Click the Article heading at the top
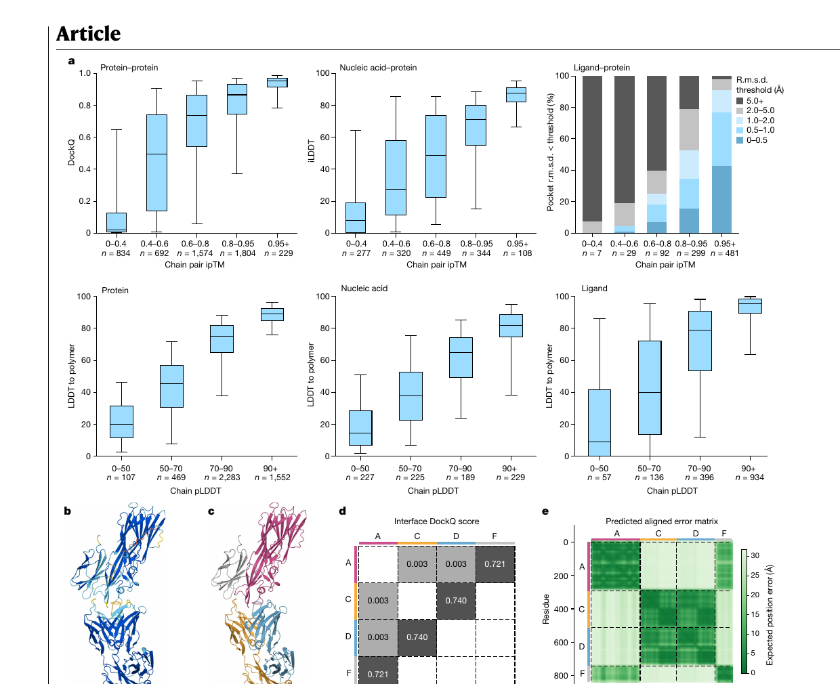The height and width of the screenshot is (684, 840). [88, 33]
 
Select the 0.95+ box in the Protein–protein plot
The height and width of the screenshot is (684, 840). [277, 83]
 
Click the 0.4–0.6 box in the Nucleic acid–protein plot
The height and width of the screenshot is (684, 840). [396, 178]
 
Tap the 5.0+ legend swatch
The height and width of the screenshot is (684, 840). [740, 101]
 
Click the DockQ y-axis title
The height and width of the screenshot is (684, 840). [71, 152]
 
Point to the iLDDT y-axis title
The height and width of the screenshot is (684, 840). [311, 150]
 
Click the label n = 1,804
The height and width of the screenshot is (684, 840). [238, 253]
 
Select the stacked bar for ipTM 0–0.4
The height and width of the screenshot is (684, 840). [592, 154]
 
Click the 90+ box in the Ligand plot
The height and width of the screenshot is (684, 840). [750, 306]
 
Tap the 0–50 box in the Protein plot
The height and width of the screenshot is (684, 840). [121, 422]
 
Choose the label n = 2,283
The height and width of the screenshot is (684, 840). [222, 477]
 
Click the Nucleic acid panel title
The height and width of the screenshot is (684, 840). [364, 288]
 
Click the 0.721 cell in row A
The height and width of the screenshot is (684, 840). [495, 564]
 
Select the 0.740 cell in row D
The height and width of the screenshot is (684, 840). [417, 637]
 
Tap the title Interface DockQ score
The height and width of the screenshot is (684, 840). [436, 521]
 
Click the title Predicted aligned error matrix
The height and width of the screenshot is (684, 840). [662, 521]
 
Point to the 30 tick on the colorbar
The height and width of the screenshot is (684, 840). [755, 555]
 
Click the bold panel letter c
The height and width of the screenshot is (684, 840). [211, 511]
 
